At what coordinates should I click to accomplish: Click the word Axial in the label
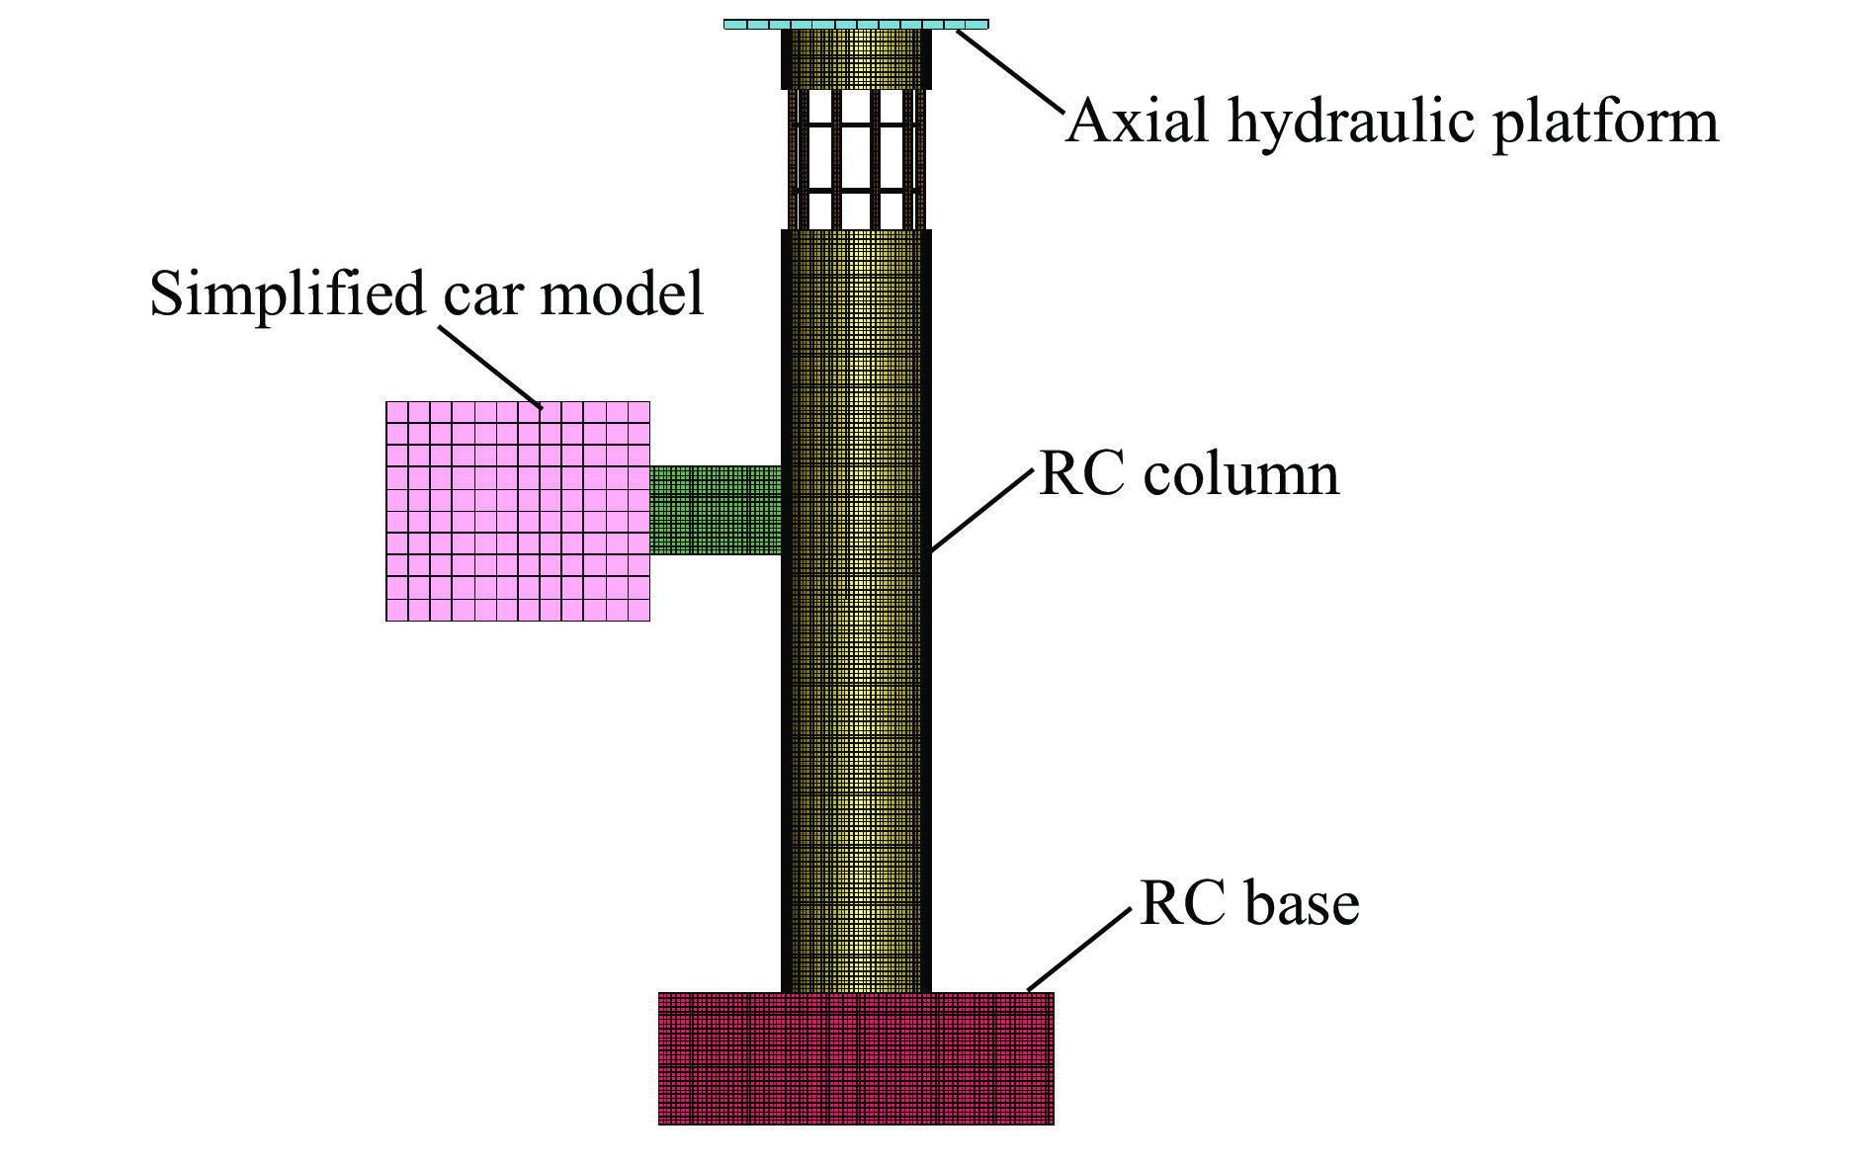point(1138,122)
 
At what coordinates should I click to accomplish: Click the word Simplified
point(287,294)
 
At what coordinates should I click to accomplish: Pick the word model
point(622,294)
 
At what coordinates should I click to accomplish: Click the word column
point(1240,474)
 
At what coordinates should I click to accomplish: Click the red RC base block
point(856,1058)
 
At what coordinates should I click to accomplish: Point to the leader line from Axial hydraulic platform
point(1010,71)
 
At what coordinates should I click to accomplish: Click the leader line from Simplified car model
point(490,367)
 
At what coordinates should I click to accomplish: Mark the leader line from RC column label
point(982,510)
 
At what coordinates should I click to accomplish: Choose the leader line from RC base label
point(1079,950)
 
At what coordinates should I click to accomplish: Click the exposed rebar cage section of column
point(856,158)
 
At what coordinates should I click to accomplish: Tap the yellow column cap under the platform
point(856,58)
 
